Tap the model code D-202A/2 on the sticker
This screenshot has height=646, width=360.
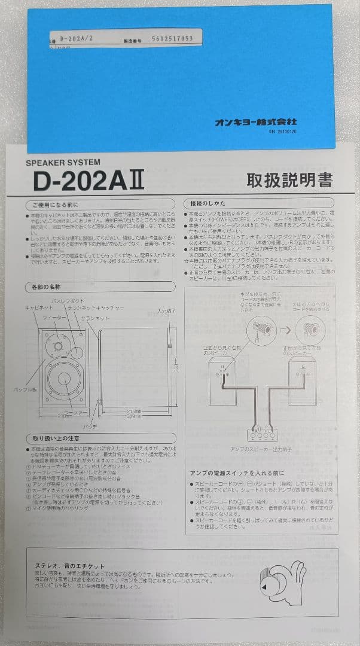76,37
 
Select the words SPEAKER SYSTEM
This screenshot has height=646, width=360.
63,162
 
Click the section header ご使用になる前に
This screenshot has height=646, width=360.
56,203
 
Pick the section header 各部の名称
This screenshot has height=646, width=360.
46,288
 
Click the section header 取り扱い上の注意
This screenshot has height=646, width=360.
57,438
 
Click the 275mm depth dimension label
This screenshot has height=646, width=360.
136,412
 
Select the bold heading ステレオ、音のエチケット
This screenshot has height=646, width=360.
71,565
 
